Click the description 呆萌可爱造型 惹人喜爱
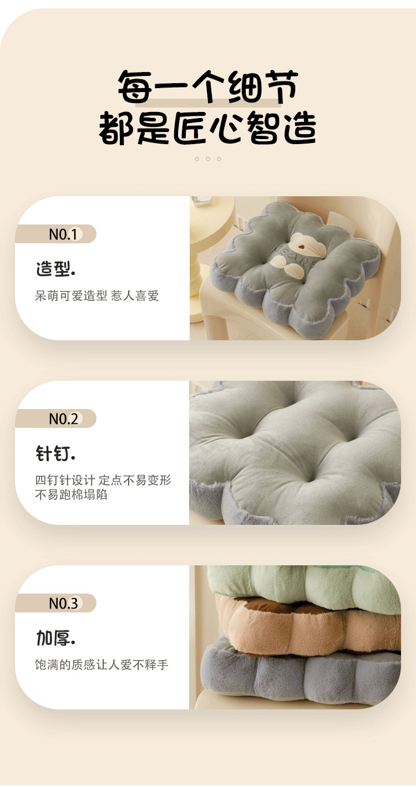[x=97, y=296]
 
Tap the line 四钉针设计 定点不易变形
[x=103, y=481]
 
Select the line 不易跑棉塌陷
[x=72, y=494]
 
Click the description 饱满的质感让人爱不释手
[x=102, y=665]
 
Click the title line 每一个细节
[x=208, y=88]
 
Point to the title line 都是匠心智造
[x=208, y=129]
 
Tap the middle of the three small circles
[x=208, y=159]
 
